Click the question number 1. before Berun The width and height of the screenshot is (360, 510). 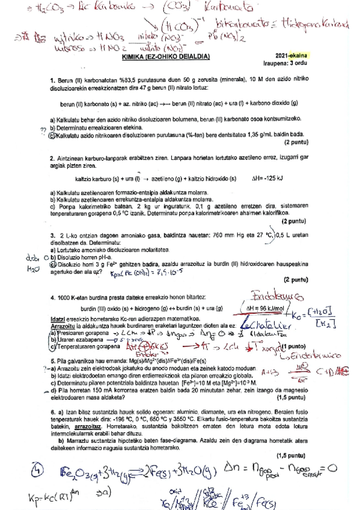click(53, 80)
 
